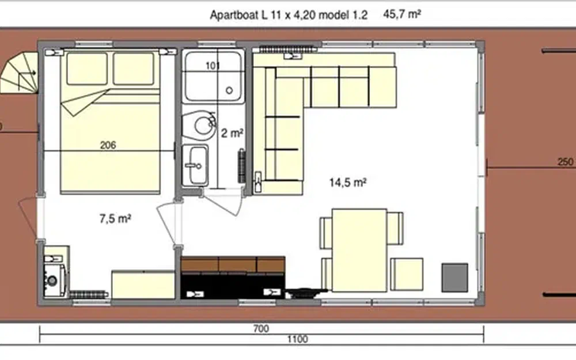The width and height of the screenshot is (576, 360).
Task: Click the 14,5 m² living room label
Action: point(348,183)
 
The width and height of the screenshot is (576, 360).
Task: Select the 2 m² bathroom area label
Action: point(232,133)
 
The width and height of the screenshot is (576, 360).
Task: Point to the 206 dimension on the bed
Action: point(108,146)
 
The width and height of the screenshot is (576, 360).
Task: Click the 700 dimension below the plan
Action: point(261,329)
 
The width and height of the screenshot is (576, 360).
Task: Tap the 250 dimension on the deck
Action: point(566,162)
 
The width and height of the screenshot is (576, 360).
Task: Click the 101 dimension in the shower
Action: point(213,66)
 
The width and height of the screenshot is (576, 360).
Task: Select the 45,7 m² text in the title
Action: point(400,15)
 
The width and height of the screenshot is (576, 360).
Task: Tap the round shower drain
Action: point(229,90)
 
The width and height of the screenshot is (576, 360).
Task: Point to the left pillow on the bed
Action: point(87,69)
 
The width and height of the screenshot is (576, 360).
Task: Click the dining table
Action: point(359,249)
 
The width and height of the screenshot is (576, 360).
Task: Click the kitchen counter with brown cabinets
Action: point(233,265)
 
